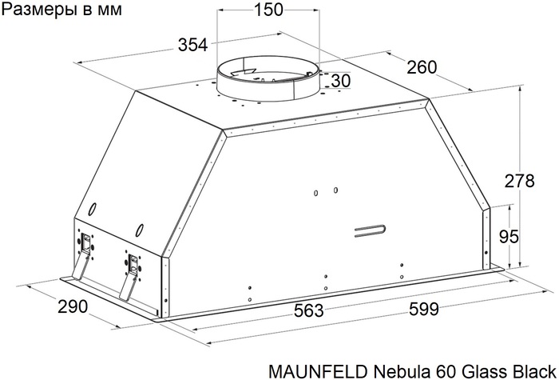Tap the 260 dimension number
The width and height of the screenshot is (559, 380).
(422, 68)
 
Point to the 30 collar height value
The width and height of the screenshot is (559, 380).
(340, 81)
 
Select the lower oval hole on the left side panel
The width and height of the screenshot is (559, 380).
(140, 230)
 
